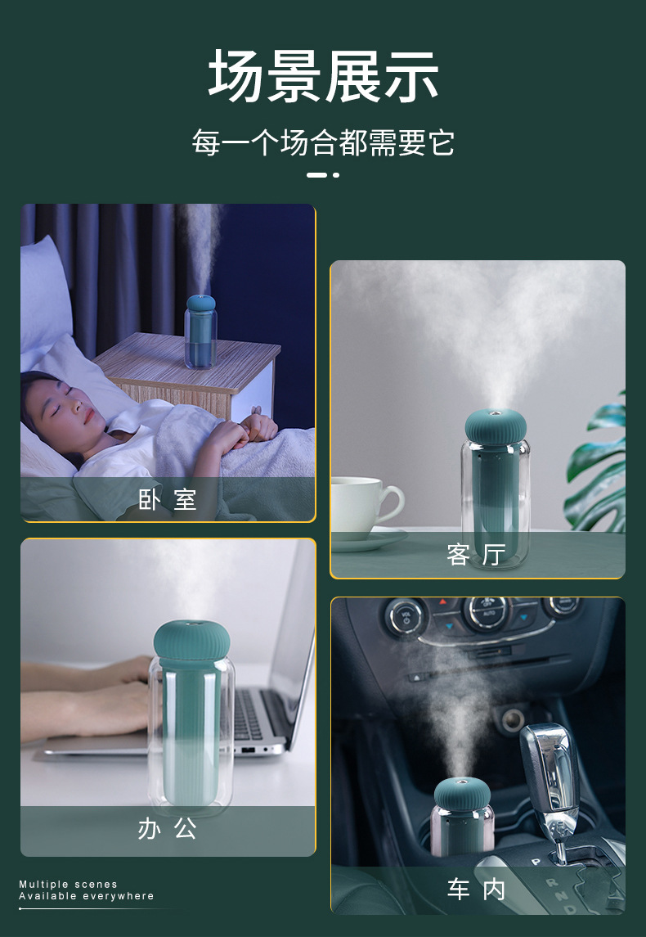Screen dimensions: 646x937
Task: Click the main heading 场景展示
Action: pos(323,75)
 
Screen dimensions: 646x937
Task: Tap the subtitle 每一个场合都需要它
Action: pos(323,142)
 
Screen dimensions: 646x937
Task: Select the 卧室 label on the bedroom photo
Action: pos(167,499)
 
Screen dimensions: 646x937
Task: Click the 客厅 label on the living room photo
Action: pos(477,555)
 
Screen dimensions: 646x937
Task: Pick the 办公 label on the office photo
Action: pos(167,828)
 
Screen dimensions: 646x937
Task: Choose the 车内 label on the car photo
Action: pos(477,889)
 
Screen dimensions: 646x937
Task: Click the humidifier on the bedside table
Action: pos(200,331)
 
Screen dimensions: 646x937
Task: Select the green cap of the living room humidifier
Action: pos(496,424)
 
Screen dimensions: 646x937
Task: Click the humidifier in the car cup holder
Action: pos(462,816)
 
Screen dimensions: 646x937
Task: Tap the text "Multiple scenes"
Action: pos(68,884)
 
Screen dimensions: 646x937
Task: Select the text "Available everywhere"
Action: pos(87,896)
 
